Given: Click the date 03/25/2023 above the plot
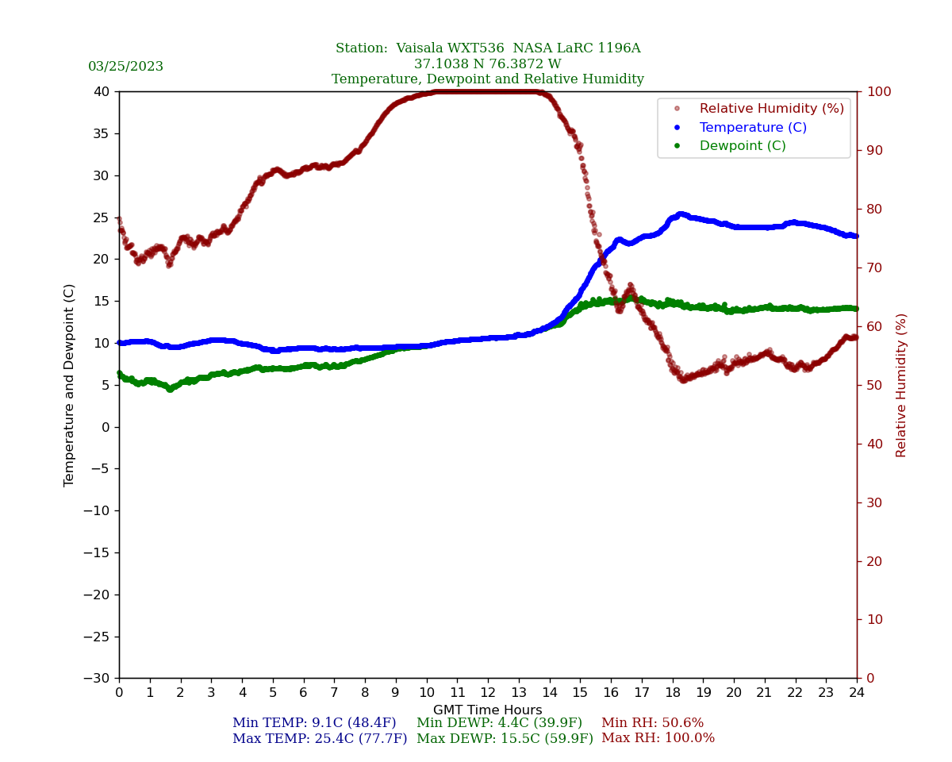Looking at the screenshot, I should coord(125,67).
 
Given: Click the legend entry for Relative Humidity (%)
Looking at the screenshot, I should coord(771,109).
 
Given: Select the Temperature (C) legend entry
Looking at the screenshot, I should coord(752,128).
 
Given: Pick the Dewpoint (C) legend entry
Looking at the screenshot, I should coord(742,146).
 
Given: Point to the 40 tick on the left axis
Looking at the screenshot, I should coord(101,91).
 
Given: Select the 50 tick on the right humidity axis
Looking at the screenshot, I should coord(873,385).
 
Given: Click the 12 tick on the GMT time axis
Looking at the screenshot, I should coord(488,692).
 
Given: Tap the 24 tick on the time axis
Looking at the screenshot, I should coord(857,692).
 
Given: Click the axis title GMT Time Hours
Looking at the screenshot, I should coord(488,710).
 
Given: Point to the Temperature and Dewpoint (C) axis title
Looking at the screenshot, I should coord(70,385).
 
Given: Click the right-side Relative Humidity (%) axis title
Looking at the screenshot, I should coord(901,385).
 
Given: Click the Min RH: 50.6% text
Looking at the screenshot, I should coord(652,723).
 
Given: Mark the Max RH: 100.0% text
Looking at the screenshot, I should coord(658,738).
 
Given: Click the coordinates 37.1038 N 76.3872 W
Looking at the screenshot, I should coord(487,64).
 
